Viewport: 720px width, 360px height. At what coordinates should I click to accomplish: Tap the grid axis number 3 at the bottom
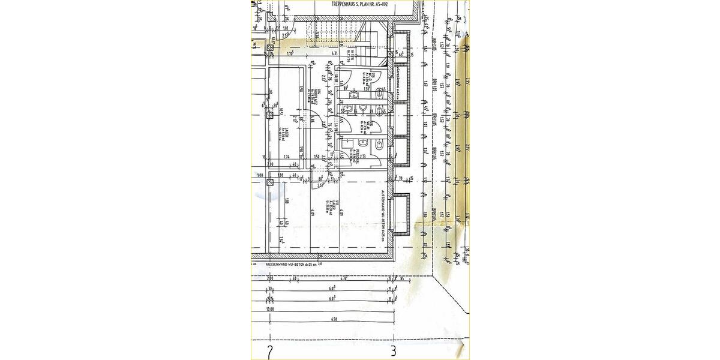[393, 351]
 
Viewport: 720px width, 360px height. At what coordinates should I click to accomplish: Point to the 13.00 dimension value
[270, 310]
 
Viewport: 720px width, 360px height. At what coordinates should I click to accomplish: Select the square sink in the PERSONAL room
[347, 144]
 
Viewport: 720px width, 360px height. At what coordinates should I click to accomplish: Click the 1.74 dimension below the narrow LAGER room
[287, 157]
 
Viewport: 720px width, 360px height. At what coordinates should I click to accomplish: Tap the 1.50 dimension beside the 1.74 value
[317, 157]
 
